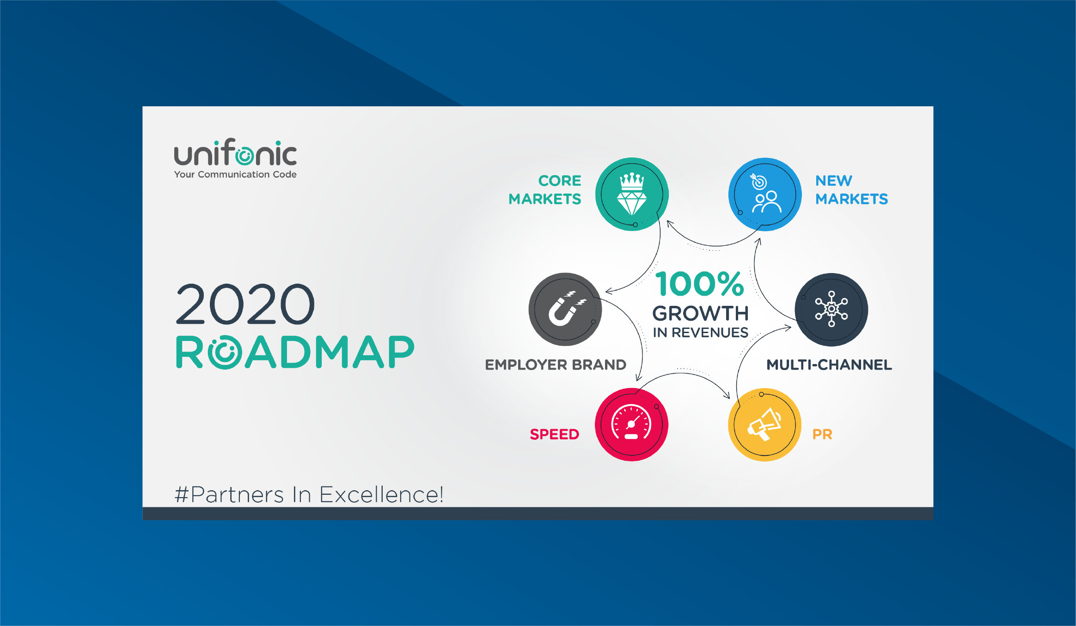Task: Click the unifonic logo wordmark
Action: point(235,152)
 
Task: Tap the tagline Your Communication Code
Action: point(235,175)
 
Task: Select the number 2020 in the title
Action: point(245,304)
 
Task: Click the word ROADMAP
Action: point(295,352)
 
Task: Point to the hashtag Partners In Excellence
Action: point(309,494)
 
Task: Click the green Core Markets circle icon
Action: point(632,194)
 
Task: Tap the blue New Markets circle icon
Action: point(765,194)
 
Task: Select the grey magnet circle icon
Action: point(565,309)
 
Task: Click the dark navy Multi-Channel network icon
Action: point(831,309)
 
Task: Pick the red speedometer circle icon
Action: point(631,424)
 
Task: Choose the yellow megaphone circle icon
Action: point(765,424)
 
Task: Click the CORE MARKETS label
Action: point(545,190)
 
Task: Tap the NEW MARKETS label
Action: point(851,190)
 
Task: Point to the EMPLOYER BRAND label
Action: point(556,365)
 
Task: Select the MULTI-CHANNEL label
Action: point(829,365)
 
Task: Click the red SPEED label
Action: point(554,434)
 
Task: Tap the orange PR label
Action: point(822,434)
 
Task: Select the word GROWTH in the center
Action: point(701,313)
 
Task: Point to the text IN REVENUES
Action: point(701,333)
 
